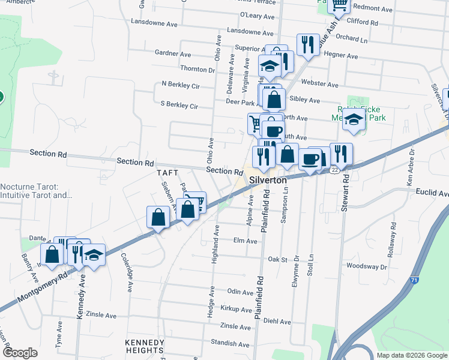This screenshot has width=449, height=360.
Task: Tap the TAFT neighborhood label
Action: tap(168, 172)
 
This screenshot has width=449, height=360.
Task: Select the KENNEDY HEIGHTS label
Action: tap(144, 346)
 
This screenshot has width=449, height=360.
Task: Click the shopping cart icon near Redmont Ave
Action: tap(339, 5)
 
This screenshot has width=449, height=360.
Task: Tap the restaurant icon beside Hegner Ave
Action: tap(307, 45)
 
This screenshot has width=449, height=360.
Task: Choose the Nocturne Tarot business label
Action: tap(36, 191)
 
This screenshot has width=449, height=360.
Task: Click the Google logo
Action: tap(20, 353)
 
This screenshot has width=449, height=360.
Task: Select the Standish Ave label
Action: tap(226, 342)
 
